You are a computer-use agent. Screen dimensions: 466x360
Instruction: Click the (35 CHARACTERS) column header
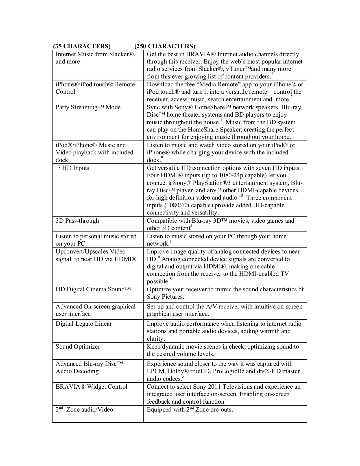(x=82, y=46)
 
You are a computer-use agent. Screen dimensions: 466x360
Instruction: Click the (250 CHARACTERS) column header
(x=165, y=46)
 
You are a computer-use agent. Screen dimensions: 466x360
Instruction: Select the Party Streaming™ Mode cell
(x=88, y=108)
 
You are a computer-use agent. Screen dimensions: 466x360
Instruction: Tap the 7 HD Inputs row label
(x=73, y=168)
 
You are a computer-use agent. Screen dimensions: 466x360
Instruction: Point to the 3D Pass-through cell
(x=77, y=221)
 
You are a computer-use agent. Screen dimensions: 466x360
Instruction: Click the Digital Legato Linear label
(x=84, y=324)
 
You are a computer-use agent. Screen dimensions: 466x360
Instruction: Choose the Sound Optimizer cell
(x=78, y=347)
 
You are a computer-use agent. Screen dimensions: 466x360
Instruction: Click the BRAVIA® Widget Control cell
(x=91, y=387)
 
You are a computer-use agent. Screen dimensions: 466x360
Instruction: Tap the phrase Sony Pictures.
(x=165, y=297)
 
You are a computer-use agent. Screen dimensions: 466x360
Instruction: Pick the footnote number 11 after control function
(x=228, y=399)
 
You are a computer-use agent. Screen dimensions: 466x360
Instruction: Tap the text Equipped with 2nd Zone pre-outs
(x=190, y=410)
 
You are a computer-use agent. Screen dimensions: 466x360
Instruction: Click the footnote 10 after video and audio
(x=241, y=196)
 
